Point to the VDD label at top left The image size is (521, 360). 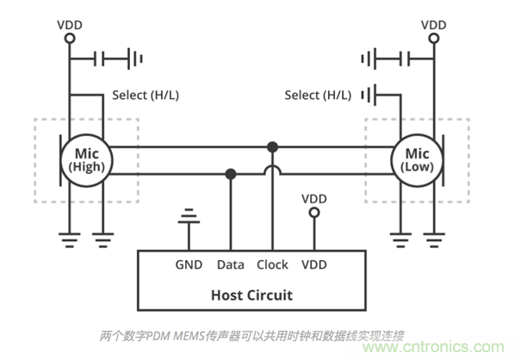click(x=70, y=25)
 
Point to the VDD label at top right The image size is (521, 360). click(x=434, y=25)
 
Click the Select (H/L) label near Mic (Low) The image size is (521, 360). click(x=318, y=95)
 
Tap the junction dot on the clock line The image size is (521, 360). click(x=272, y=146)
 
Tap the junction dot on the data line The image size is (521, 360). click(x=231, y=175)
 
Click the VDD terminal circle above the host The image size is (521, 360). click(x=314, y=212)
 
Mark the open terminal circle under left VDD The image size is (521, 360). click(x=70, y=40)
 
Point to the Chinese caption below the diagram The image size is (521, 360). click(x=251, y=335)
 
